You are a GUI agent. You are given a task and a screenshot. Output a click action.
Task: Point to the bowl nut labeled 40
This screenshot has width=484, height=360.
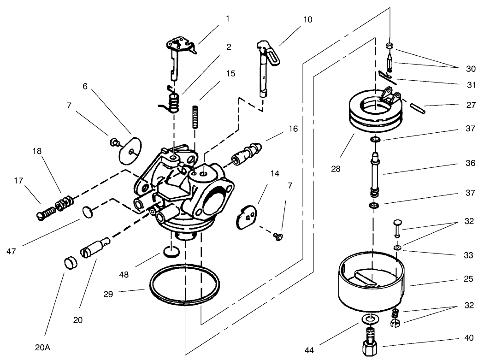[x=372, y=344]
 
